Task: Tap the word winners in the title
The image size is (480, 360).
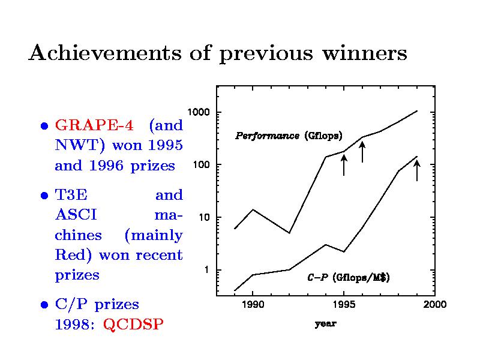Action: [x=364, y=54]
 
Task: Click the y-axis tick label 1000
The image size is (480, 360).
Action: [x=198, y=113]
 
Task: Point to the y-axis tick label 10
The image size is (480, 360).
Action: [x=203, y=217]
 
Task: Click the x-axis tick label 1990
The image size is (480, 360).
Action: [x=252, y=305]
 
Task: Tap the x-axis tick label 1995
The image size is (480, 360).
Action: [x=343, y=305]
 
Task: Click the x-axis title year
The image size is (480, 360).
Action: [x=326, y=324]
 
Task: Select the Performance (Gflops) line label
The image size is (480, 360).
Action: [x=288, y=136]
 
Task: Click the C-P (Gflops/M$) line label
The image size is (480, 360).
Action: [x=348, y=278]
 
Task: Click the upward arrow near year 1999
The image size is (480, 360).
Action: [x=417, y=170]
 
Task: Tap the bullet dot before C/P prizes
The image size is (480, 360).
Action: [x=44, y=305]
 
